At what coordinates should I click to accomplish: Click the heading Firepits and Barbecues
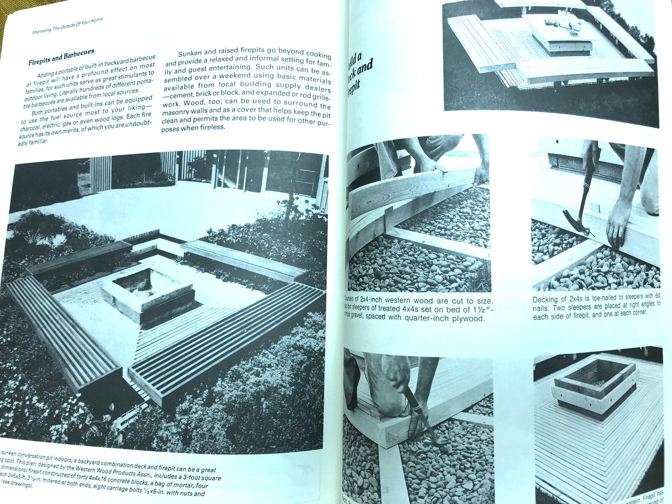[x=61, y=57]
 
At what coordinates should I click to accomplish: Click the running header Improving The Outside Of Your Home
[x=67, y=26]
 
